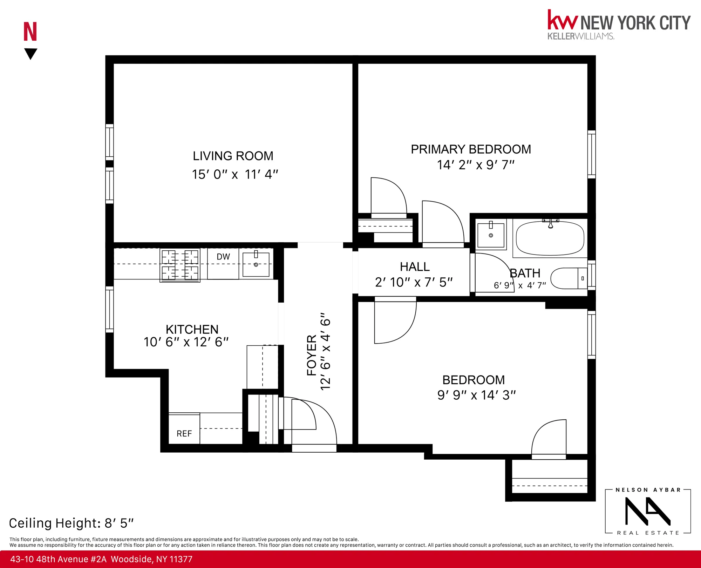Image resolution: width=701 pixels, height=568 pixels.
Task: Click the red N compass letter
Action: point(30,32)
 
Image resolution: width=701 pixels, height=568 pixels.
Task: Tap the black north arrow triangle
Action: point(31,53)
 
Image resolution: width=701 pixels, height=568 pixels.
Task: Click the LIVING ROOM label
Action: point(233,156)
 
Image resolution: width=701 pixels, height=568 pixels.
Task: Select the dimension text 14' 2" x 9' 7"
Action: point(475,165)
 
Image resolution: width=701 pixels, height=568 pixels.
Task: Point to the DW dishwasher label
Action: point(223,257)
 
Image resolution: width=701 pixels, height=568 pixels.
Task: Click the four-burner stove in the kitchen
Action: point(180,265)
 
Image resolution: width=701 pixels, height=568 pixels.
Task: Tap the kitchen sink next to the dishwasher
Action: point(256,264)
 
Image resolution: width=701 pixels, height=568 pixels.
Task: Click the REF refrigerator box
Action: point(184,433)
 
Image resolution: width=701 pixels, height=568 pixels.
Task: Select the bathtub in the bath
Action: point(550,238)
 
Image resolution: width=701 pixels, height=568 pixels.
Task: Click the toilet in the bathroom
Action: point(568,278)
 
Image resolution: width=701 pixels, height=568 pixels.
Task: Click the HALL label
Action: point(415,267)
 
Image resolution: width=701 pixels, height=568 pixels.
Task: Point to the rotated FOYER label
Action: point(312,355)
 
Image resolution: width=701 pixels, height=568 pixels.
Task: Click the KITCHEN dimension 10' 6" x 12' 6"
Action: point(186,342)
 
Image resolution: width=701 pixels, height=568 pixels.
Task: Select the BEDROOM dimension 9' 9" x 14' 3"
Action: point(476,395)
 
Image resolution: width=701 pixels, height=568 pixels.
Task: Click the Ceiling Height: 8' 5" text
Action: point(71,523)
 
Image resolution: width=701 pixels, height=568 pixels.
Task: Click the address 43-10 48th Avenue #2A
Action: point(58,559)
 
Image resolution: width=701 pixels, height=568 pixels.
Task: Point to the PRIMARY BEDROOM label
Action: point(471,149)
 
